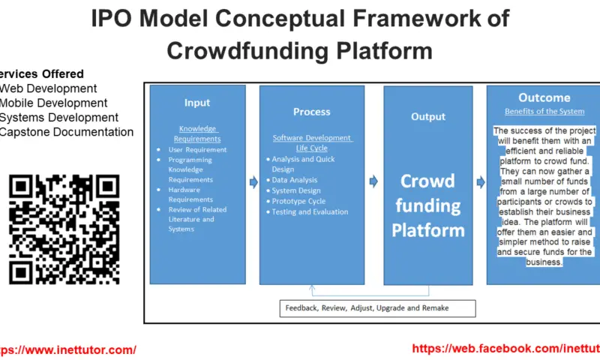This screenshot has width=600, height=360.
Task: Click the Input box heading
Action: tap(197, 103)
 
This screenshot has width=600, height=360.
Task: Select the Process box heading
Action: tap(312, 112)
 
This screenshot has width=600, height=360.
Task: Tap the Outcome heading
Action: tap(544, 97)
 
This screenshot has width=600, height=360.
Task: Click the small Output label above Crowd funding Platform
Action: tap(429, 117)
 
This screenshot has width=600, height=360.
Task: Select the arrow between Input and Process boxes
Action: tap(252, 181)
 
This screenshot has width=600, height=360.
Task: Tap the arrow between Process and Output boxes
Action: tap(373, 181)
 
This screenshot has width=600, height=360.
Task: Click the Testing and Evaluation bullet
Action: tap(310, 212)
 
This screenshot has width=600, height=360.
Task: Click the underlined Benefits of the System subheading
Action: tap(543, 112)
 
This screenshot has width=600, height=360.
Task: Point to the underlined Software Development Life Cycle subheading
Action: tap(312, 143)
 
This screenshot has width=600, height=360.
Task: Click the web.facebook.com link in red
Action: tap(505, 348)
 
